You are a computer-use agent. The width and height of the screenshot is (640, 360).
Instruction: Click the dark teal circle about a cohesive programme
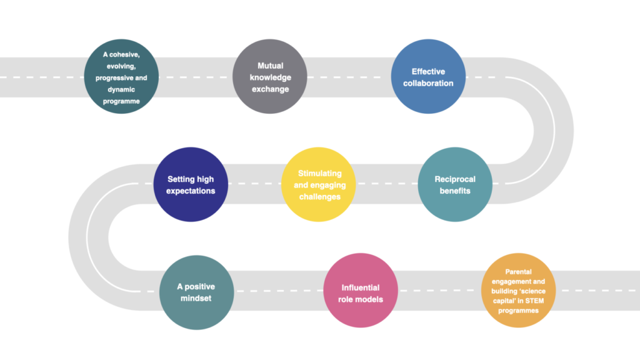[x=121, y=76]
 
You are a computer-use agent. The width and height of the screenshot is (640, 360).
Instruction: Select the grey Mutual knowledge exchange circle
[x=270, y=76]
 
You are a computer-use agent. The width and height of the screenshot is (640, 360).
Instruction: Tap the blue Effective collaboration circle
[x=428, y=76]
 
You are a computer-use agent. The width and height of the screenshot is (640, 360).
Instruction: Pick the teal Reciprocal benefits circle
[x=455, y=184]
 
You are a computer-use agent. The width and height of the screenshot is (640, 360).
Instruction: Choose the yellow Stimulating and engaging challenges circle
[x=318, y=184]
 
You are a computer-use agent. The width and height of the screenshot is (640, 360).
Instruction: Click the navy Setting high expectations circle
[x=191, y=184]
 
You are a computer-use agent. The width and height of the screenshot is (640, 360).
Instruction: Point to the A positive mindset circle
[x=196, y=292]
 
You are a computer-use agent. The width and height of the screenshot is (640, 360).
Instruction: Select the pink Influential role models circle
[x=361, y=290]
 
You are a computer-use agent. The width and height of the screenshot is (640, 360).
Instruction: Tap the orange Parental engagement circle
[x=518, y=290]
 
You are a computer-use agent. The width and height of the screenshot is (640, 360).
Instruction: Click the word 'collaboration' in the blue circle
[x=428, y=83]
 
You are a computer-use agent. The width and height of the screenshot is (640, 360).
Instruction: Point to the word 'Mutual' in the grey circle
[x=270, y=66]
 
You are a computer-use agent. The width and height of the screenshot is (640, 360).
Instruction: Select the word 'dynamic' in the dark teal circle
[x=121, y=89]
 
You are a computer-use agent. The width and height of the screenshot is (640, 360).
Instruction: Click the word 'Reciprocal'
[x=455, y=179]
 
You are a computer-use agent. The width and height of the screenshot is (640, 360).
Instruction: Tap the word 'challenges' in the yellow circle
[x=319, y=197]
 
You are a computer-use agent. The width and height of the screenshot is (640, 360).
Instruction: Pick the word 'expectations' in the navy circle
[x=191, y=191]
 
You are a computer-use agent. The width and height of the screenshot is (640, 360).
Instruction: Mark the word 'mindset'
[x=196, y=298]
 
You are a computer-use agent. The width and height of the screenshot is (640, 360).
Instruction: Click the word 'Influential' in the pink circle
[x=361, y=287]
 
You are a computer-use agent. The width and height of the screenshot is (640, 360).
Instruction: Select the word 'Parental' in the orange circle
[x=518, y=272]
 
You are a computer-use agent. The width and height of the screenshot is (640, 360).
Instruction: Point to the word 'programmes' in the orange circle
[x=518, y=311]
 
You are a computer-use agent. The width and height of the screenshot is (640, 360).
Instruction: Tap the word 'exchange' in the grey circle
[x=270, y=89]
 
